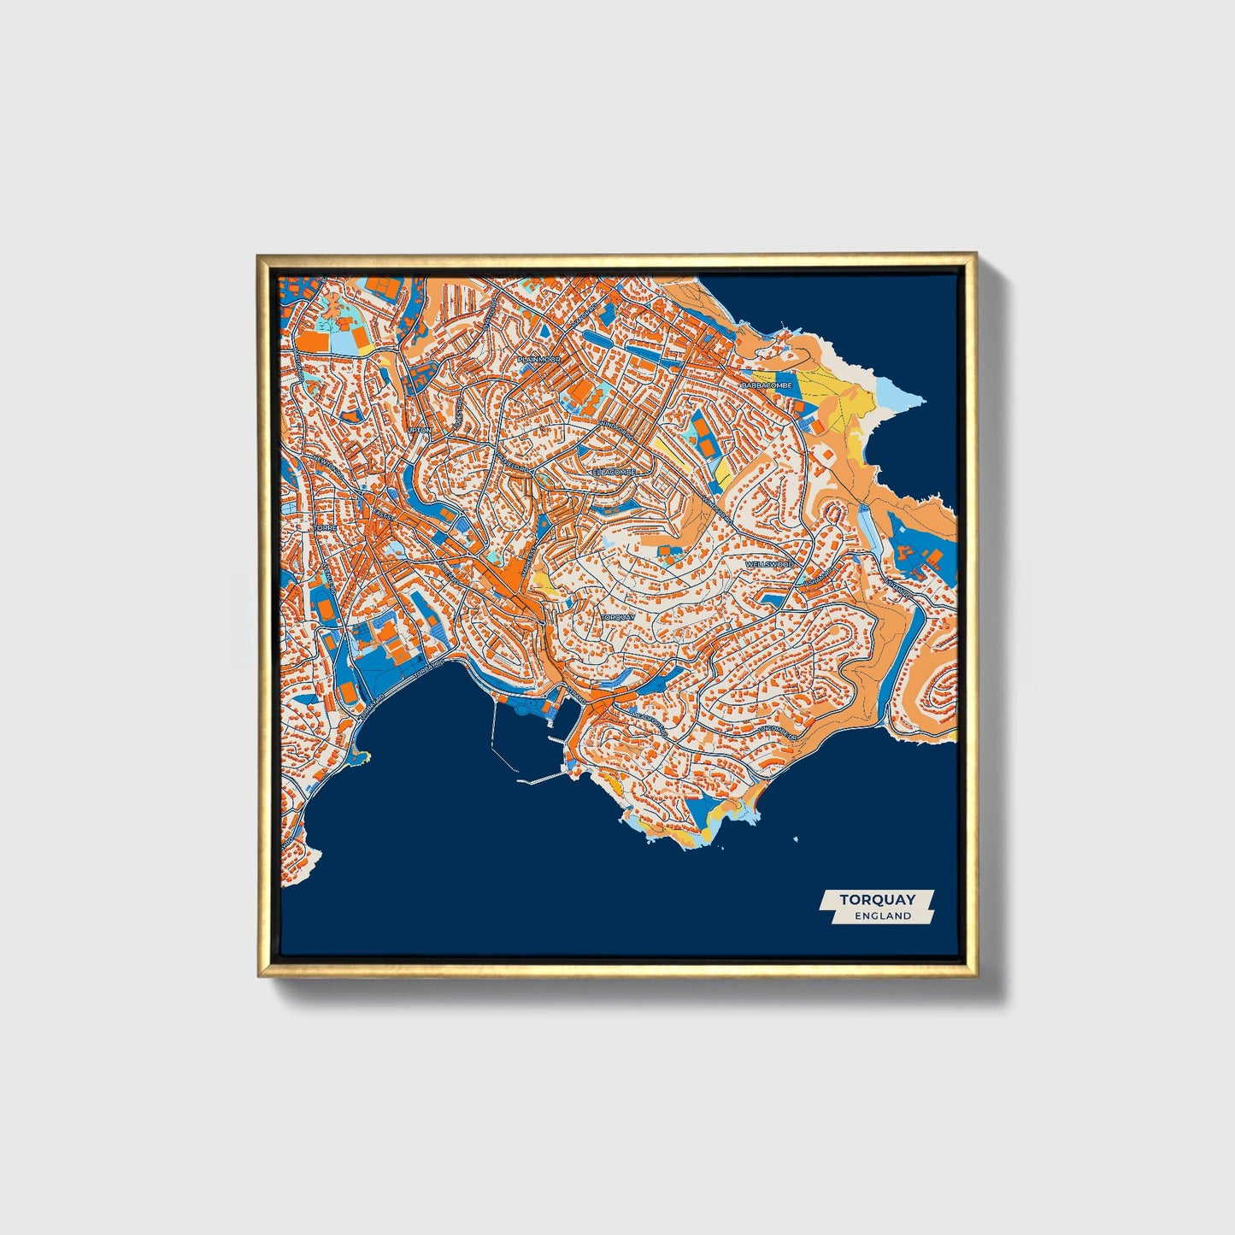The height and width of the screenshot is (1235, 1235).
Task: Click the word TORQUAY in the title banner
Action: [877, 899]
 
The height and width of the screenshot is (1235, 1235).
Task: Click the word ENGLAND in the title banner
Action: [883, 915]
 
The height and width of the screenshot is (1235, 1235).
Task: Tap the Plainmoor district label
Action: [538, 361]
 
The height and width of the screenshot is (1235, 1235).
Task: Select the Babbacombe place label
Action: [767, 385]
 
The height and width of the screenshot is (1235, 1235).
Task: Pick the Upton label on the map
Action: [420, 430]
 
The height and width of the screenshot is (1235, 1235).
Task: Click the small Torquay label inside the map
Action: [617, 616]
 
